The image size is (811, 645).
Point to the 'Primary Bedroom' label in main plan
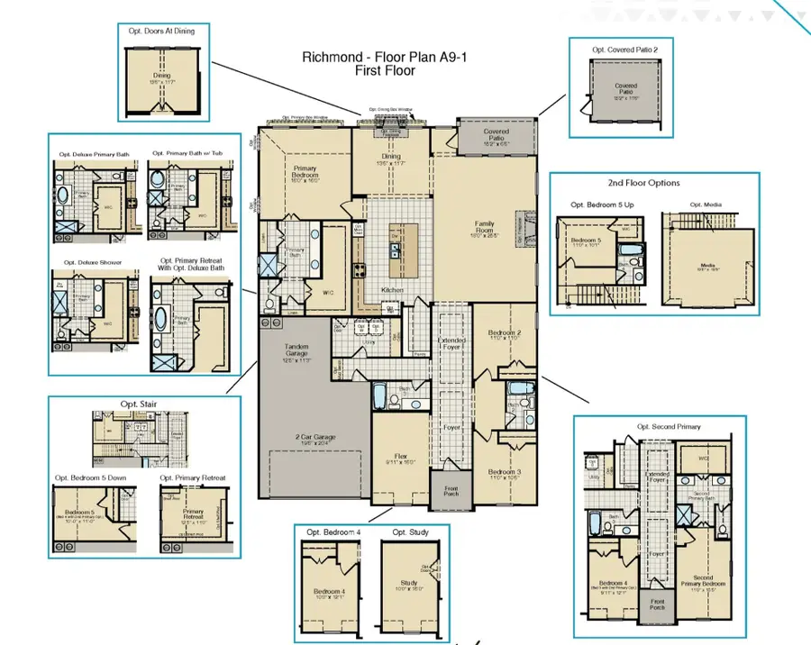305,174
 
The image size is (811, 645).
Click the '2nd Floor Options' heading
643,183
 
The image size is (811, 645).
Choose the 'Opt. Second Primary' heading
668,426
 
